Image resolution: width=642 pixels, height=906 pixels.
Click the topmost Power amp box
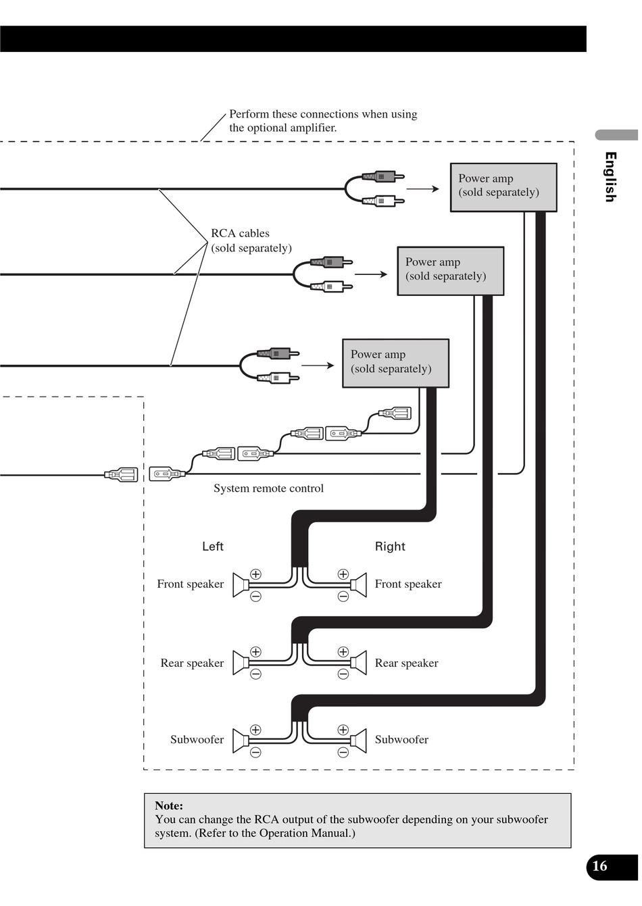[503, 187]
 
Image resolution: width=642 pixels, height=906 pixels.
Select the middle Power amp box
[450, 271]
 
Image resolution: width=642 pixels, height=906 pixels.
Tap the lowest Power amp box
[395, 363]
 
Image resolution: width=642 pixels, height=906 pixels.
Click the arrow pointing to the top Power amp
[423, 189]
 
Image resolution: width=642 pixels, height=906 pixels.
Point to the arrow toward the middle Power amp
[371, 274]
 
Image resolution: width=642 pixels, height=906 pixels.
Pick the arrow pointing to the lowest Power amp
[318, 366]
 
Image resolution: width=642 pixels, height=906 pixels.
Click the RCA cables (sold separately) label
[251, 241]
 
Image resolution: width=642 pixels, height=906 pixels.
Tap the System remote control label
[268, 488]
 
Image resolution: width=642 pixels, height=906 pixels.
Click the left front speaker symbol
[241, 585]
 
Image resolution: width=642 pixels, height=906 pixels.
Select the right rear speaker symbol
[358, 663]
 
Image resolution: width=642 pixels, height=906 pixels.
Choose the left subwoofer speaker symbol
[241, 740]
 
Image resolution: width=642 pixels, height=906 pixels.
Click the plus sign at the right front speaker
[343, 574]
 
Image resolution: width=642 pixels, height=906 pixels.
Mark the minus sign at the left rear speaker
[255, 674]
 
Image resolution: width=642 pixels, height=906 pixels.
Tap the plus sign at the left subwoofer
[255, 729]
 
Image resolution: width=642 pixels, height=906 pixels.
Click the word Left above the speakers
[213, 547]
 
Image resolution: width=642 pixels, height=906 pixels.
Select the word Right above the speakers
[390, 547]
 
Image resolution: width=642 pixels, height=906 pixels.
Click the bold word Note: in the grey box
[169, 805]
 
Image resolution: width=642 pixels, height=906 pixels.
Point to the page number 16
[599, 866]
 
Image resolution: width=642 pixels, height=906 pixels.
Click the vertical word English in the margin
[610, 177]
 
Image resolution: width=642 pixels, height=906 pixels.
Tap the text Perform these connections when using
[323, 114]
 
